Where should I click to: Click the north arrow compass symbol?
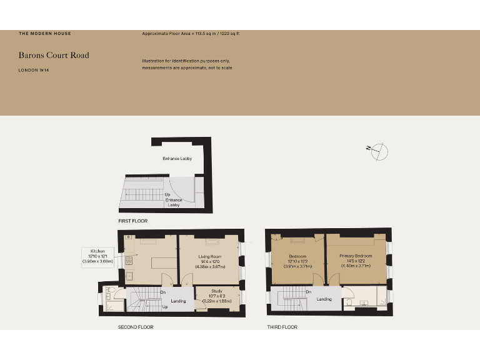tap(379, 151)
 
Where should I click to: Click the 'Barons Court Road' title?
tap(54, 55)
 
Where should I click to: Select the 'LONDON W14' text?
tap(34, 71)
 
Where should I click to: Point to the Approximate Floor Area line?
tap(191, 32)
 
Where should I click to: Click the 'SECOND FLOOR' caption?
tap(136, 327)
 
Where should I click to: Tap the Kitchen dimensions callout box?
tap(97, 257)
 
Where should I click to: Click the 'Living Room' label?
tap(210, 257)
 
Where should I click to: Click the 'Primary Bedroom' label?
tap(356, 256)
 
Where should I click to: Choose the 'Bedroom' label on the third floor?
tap(297, 256)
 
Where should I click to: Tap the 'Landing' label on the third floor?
tap(324, 299)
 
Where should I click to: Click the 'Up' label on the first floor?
tap(167, 194)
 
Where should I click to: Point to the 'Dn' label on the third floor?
tap(309, 291)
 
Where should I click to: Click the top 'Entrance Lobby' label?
tap(177, 159)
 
